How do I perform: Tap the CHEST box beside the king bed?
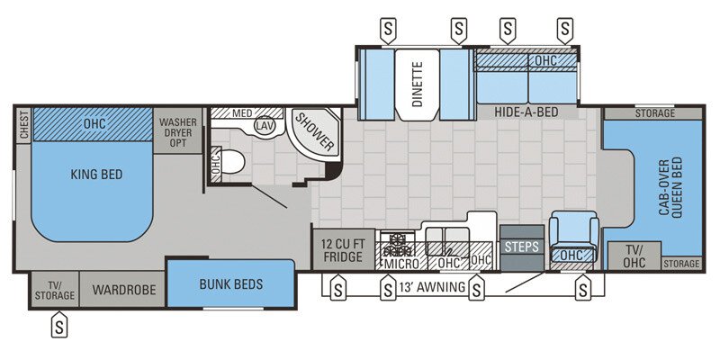[x=22, y=124]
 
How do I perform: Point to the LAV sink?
[x=265, y=127]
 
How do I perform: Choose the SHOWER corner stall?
[x=313, y=132]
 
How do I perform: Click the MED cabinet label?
[x=241, y=113]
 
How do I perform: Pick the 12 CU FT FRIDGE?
[x=342, y=249]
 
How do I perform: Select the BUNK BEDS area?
[x=231, y=284]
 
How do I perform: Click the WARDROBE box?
[x=123, y=290]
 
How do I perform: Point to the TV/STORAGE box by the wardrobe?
[x=55, y=289]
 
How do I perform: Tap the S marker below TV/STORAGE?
[x=59, y=322]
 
